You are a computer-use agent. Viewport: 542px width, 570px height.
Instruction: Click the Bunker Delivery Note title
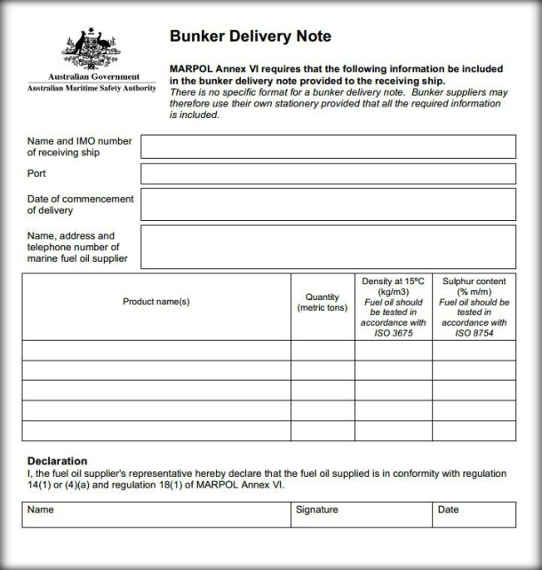250,36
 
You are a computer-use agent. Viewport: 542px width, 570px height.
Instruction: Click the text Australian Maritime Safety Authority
92,88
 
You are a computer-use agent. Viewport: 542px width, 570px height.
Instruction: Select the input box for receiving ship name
328,146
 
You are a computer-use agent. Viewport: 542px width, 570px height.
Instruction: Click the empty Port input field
328,173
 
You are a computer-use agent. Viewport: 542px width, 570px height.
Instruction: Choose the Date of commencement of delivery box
328,204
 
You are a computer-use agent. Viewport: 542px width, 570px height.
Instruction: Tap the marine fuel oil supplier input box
328,246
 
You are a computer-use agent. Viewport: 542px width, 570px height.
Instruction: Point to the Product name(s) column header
156,302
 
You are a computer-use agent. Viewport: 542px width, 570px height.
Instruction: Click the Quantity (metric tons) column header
323,302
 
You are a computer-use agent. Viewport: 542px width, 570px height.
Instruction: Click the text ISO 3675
393,333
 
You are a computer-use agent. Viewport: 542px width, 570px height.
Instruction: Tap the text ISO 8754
474,333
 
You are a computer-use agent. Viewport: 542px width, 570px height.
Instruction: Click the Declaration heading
57,461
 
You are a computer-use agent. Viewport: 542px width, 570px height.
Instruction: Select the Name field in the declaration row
156,515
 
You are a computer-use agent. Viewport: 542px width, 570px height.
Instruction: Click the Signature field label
316,511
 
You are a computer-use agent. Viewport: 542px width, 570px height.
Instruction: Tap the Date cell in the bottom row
474,515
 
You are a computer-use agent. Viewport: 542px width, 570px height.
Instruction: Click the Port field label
36,173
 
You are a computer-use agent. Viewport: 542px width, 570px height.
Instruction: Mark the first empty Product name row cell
156,350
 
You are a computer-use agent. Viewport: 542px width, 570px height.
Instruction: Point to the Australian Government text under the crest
92,76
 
